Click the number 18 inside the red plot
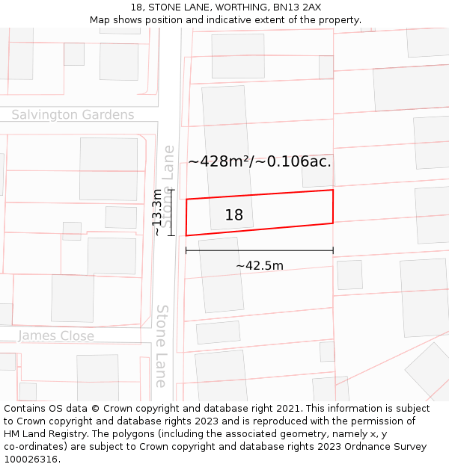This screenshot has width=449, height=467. pyautogui.click(x=234, y=215)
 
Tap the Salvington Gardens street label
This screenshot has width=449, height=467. pyautogui.click(x=73, y=115)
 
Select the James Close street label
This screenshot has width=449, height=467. pyautogui.click(x=56, y=336)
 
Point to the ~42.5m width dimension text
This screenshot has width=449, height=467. pyautogui.click(x=260, y=265)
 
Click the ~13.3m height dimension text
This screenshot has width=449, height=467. pyautogui.click(x=157, y=213)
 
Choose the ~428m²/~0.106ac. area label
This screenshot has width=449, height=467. pyautogui.click(x=260, y=161)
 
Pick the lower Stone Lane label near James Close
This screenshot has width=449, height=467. pyautogui.click(x=162, y=346)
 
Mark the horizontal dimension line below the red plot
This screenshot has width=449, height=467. pyautogui.click(x=260, y=250)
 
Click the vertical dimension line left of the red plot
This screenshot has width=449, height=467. pyautogui.click(x=171, y=213)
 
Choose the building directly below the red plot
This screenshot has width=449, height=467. pyautogui.click(x=221, y=274)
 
